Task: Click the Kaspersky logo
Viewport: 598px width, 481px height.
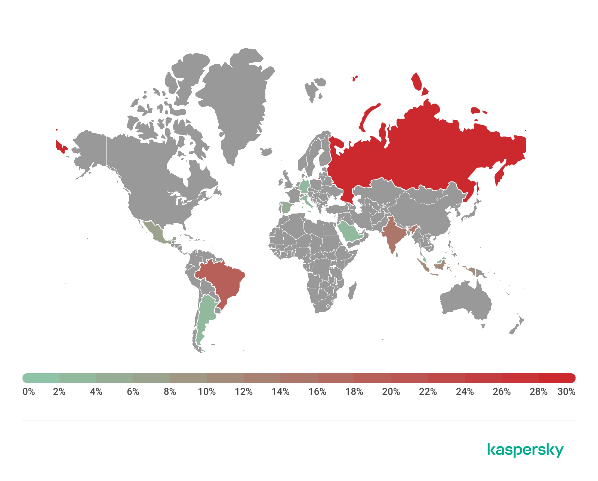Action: tap(525, 450)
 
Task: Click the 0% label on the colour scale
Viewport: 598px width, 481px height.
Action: tap(29, 392)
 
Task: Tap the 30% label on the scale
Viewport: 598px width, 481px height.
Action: tap(566, 392)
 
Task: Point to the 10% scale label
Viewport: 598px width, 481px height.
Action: tap(207, 392)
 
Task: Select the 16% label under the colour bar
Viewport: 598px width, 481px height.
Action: tap(317, 392)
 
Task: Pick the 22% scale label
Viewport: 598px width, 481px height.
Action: tap(428, 392)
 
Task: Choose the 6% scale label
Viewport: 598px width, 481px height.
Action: tap(133, 392)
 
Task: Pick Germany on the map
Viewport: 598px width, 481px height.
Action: tap(305, 186)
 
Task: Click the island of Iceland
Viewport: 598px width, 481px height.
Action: tap(266, 151)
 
